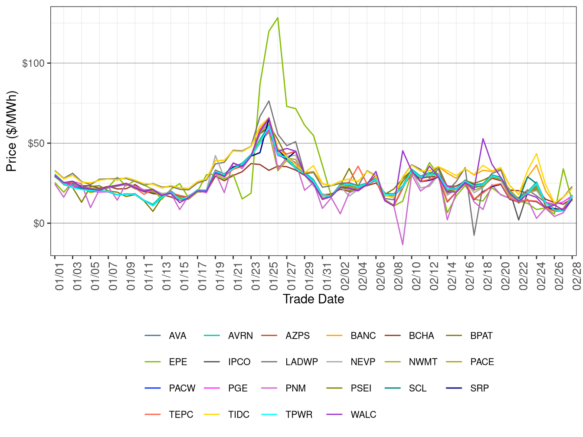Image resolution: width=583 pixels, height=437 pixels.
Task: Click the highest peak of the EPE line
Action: click(x=278, y=18)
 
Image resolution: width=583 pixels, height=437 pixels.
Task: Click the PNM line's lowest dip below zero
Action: click(x=403, y=245)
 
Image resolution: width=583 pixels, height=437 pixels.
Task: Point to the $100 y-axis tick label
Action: click(x=34, y=63)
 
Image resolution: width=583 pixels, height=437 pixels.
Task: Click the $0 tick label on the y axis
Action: click(x=39, y=224)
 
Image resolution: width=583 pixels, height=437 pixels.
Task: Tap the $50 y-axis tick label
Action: click(x=36, y=143)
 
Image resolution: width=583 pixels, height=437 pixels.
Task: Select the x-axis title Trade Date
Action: click(x=313, y=299)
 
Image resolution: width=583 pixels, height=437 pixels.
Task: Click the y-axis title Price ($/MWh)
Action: click(x=12, y=131)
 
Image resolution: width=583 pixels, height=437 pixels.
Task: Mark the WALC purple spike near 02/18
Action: click(x=483, y=139)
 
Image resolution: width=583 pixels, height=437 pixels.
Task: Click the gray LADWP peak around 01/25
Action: click(x=269, y=101)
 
